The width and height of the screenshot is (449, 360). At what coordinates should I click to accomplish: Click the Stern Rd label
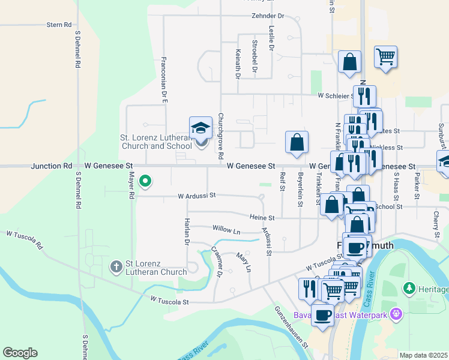[x=59, y=25]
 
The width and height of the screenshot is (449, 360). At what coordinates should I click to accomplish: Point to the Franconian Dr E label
[x=164, y=80]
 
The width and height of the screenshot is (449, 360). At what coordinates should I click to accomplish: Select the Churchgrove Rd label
[x=221, y=136]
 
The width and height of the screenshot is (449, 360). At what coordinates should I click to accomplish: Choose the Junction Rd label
[x=52, y=166]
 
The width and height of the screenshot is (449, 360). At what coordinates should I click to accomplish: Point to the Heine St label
[x=263, y=218]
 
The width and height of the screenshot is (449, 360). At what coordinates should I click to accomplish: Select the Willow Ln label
[x=226, y=229]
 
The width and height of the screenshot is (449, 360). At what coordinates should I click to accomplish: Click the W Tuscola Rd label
[x=25, y=240]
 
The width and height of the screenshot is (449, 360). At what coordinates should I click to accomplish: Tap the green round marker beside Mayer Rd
[x=145, y=181]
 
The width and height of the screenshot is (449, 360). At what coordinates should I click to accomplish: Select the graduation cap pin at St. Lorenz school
[x=201, y=128]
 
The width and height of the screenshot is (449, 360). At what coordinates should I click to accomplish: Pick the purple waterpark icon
[x=396, y=313]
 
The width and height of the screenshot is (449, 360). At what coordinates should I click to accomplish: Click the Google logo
[x=20, y=353]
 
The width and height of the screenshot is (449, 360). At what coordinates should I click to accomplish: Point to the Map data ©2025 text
[x=423, y=355]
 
